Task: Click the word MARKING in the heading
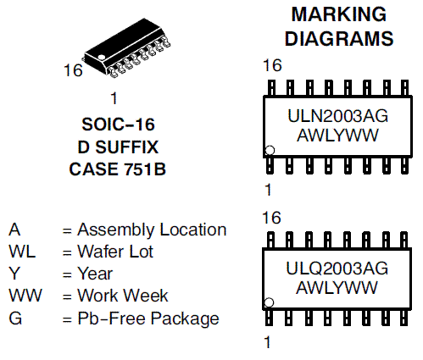[x=338, y=14]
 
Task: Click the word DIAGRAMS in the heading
[x=338, y=39]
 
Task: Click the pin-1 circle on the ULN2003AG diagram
[x=270, y=151]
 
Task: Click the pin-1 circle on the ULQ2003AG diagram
[x=270, y=302]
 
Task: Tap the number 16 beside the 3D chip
[x=74, y=70]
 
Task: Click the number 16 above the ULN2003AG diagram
[x=272, y=66]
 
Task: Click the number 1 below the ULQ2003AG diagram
[x=268, y=342]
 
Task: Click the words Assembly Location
[x=152, y=230]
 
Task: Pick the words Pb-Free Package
[x=148, y=318]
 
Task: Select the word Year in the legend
[x=95, y=274]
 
